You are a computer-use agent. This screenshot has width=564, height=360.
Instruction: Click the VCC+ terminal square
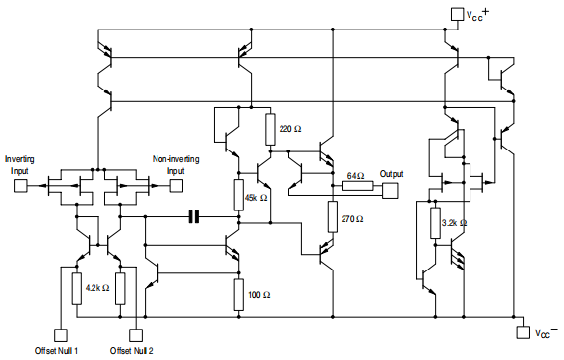point(455,14)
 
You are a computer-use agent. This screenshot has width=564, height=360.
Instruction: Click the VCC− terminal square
point(522,332)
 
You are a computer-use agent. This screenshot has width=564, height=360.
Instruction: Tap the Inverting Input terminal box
point(20,183)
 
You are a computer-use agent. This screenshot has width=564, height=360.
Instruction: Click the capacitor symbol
point(193,215)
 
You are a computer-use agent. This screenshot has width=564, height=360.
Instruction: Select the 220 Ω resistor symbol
point(269,128)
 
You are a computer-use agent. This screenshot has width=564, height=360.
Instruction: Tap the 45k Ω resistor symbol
point(237,195)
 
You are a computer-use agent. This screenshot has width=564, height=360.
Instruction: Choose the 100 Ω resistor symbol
point(237,293)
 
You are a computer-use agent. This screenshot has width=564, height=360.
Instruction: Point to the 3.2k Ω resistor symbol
point(434,222)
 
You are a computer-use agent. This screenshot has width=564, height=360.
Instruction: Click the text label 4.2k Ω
point(96,287)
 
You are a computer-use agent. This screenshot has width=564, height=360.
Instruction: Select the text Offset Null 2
point(132,351)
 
